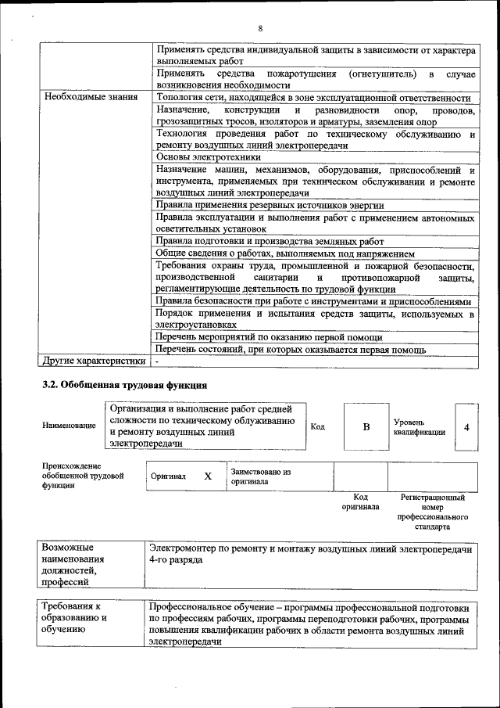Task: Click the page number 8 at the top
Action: click(259, 29)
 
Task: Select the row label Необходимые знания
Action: click(91, 98)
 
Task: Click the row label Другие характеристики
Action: click(95, 361)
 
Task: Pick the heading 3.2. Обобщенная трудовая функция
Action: click(124, 385)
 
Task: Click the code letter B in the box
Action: click(366, 427)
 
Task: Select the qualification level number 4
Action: click(466, 427)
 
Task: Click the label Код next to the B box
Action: click(318, 427)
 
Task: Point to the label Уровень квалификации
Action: click(419, 427)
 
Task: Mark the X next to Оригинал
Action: click(208, 476)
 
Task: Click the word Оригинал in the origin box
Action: click(168, 476)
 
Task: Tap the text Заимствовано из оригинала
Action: click(260, 476)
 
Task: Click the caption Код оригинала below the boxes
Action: click(360, 501)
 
